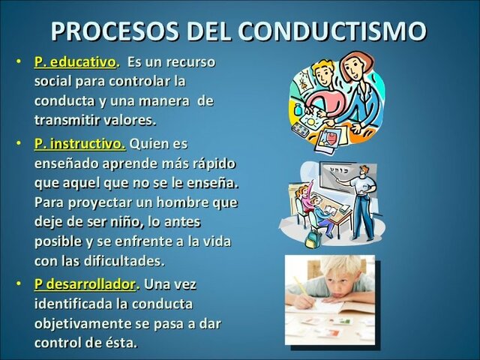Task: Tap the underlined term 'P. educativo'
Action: (x=75, y=61)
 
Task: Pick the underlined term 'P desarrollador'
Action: (x=85, y=284)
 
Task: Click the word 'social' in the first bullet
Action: (x=54, y=81)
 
